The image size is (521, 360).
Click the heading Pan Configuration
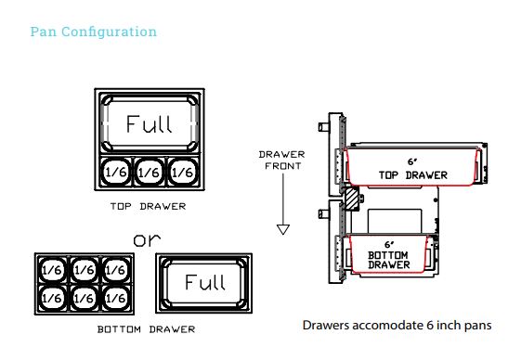pos(94,32)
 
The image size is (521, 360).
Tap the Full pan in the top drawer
pos(150,123)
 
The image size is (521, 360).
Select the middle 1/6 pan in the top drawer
pos(150,172)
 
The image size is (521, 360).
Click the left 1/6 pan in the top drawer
pos(116,172)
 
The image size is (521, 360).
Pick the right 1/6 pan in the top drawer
pos(182,172)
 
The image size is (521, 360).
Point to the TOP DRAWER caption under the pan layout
pos(149,206)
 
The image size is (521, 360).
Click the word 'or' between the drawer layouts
pos(147,239)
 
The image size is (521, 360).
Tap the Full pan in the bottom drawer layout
pos(204,283)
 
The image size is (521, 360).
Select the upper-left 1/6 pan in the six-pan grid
pos(52,270)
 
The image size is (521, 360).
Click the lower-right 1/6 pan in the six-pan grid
pos(116,298)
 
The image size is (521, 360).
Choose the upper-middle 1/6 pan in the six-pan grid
pos(85,270)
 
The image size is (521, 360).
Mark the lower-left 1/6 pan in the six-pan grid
pos(52,298)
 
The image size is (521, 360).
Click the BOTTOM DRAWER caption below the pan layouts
pos(146,329)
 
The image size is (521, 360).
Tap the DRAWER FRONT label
pos(282,161)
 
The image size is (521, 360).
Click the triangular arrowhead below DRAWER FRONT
pos(283,229)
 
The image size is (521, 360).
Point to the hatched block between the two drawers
pos(352,199)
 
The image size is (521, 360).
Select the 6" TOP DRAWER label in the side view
pos(413,169)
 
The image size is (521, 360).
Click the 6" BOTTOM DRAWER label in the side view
pos(389,255)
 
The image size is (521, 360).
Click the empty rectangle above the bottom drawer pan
pos(395,222)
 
